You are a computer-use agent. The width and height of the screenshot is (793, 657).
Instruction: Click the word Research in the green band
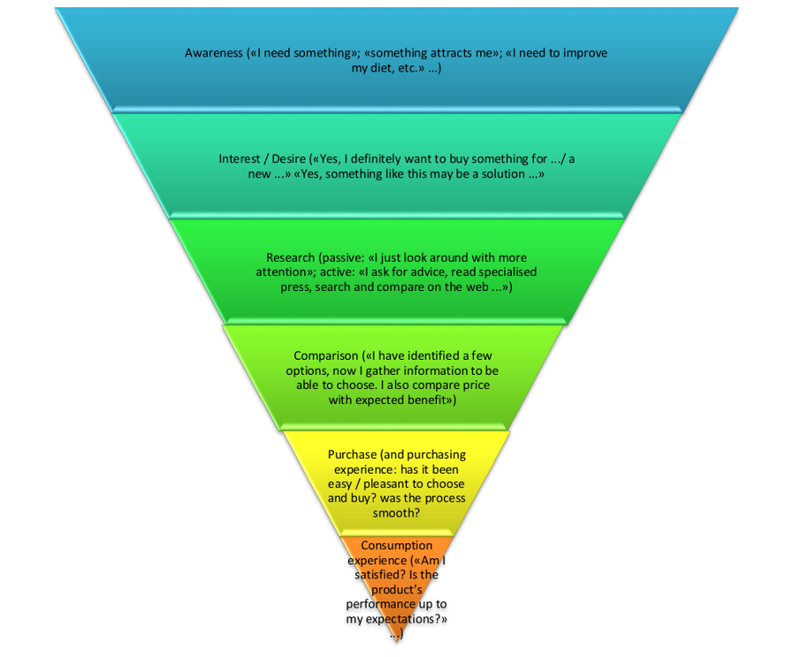pyautogui.click(x=285, y=258)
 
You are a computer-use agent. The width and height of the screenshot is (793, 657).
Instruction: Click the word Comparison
pyautogui.click(x=322, y=356)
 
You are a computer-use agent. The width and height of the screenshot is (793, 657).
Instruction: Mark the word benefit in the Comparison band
pyautogui.click(x=424, y=400)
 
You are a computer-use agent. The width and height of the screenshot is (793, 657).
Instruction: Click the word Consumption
pyautogui.click(x=396, y=546)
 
